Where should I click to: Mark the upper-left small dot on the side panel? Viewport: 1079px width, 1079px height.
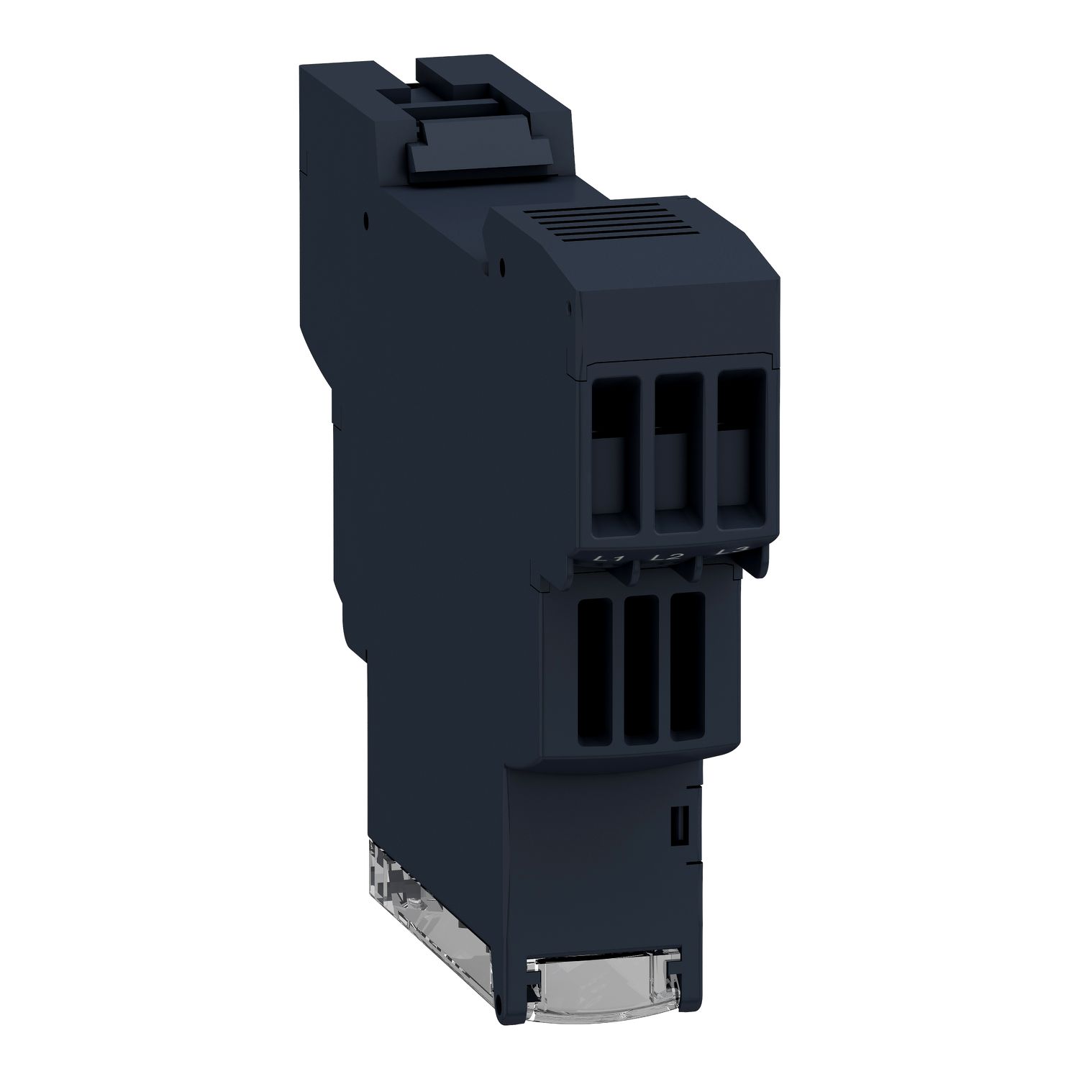(x=366, y=214)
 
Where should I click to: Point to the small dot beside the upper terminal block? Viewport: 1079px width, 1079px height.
(x=568, y=308)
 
